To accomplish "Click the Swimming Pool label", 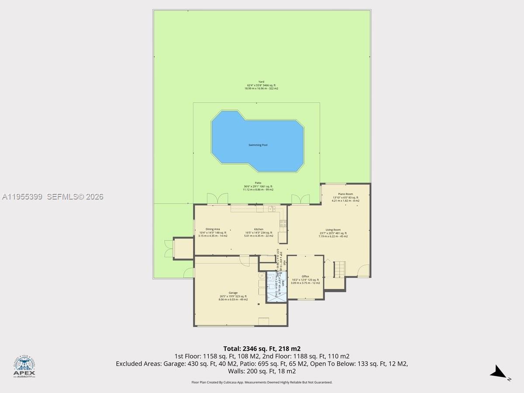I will (258, 145).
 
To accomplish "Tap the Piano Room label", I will (345, 194).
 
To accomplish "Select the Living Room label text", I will (333, 230).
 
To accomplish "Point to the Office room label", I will (305, 276).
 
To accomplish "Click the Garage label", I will (233, 293).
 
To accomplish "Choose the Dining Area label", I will (213, 229).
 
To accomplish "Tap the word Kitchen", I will (259, 229).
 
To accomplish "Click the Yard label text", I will (261, 82).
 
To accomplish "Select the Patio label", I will (259, 183).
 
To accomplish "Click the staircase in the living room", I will (340, 269).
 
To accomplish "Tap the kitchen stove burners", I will (283, 225).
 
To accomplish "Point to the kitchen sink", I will (272, 208).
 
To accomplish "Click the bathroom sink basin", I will (270, 278).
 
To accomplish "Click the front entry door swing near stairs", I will (362, 272).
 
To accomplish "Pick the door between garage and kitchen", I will (245, 260).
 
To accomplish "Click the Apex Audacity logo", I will (24, 366).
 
